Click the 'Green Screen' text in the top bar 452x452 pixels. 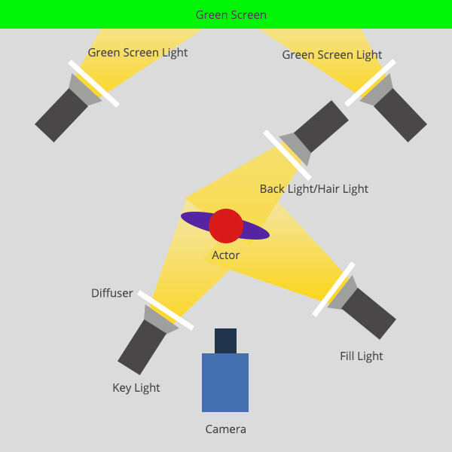coord(231,15)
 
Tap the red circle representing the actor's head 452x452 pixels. coord(226,226)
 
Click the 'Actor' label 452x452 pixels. coord(225,255)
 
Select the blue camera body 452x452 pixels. coord(225,383)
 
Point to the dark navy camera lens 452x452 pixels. coord(225,341)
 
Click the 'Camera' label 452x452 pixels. coord(225,429)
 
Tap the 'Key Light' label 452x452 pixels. coord(136,388)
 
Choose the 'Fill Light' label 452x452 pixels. coord(362,356)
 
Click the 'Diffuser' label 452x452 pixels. coord(112,293)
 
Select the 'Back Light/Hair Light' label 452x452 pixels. coord(314,188)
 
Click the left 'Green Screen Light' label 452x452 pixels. coord(138,53)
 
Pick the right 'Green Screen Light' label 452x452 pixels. coord(332,55)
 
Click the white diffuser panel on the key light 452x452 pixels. coord(166,310)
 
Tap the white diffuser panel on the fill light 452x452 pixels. coord(334,289)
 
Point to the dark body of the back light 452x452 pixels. coord(321,127)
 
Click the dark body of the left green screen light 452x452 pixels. coord(60,115)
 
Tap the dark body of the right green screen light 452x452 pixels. coord(400,115)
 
